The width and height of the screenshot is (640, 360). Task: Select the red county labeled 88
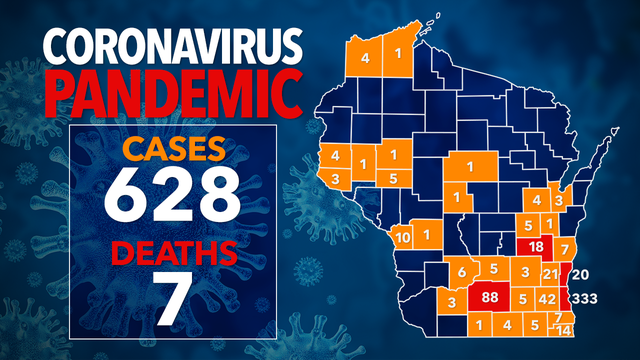[x=490, y=297]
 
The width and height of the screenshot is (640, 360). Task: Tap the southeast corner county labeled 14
[x=564, y=330]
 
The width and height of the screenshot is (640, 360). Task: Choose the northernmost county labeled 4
[x=366, y=58]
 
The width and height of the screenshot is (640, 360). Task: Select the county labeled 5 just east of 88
[x=523, y=298]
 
